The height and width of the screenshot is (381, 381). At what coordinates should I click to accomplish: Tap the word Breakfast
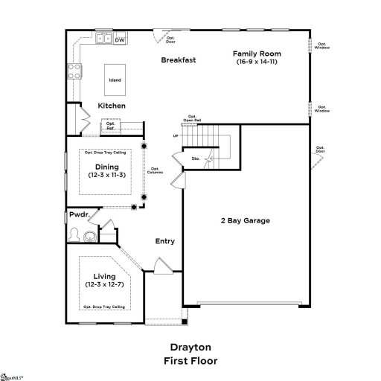click(178, 60)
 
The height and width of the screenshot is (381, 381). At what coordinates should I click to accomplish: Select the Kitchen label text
click(112, 106)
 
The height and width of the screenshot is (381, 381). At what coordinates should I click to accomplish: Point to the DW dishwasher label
click(119, 39)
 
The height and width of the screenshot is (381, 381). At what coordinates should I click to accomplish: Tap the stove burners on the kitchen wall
click(75, 71)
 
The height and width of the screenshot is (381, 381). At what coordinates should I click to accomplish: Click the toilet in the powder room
click(74, 235)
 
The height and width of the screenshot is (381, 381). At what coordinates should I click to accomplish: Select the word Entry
click(164, 241)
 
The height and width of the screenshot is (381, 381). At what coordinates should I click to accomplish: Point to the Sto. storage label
click(195, 158)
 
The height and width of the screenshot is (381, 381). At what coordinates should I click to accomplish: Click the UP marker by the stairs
click(176, 136)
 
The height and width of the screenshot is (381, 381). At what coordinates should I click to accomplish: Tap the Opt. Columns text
click(156, 170)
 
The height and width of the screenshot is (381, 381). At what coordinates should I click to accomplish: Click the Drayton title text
click(190, 347)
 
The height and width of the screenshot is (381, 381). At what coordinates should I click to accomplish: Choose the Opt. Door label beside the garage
click(320, 150)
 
